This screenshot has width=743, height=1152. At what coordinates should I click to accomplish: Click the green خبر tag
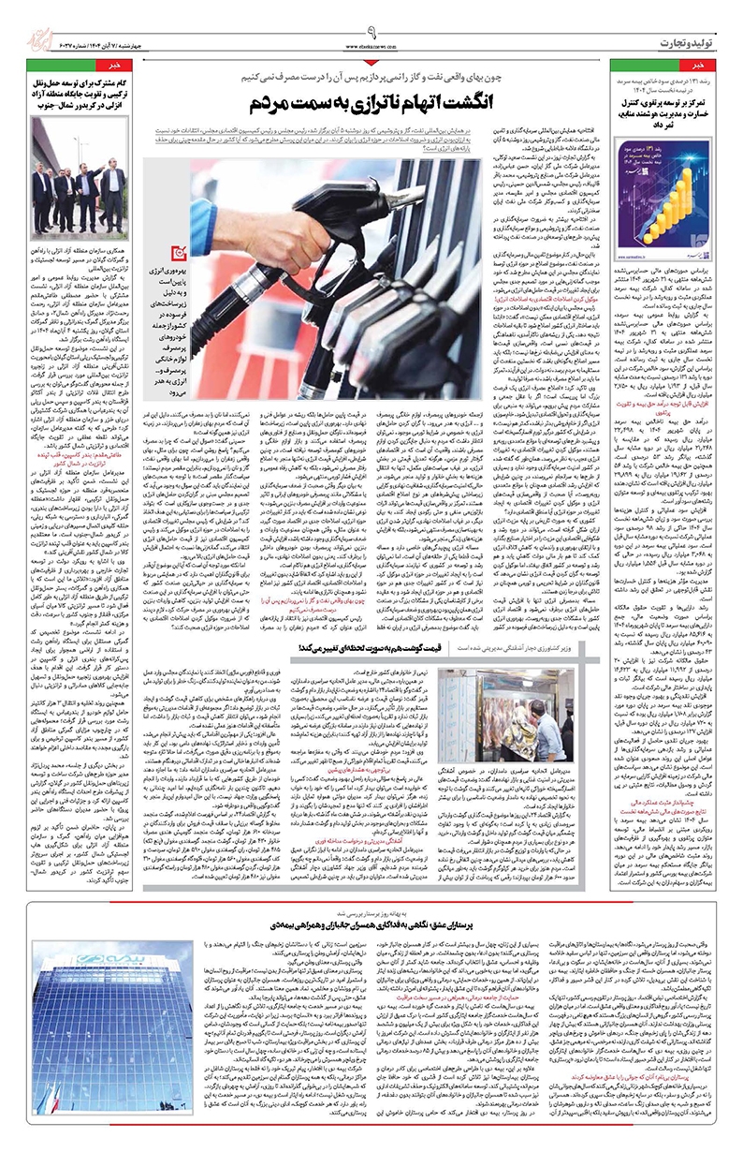pyautogui.click(x=107, y=67)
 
